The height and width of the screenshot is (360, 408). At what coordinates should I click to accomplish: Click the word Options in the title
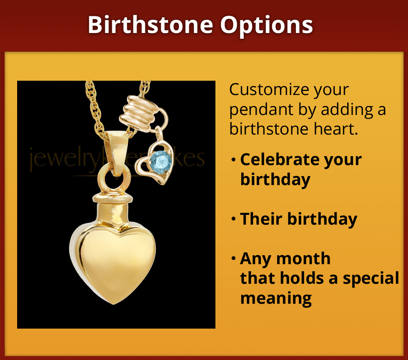click(267, 25)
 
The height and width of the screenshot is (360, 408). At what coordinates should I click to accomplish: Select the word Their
click(261, 219)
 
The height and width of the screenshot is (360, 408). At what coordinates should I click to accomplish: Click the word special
click(371, 278)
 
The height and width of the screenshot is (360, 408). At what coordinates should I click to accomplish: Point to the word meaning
click(276, 298)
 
